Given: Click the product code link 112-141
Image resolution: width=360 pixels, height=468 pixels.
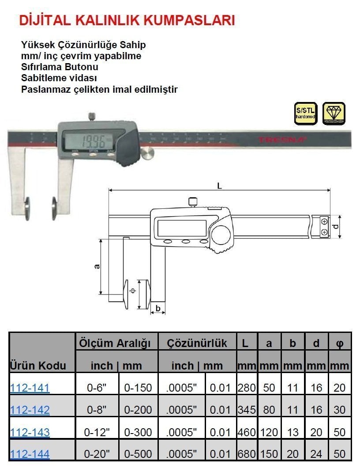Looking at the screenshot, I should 30,388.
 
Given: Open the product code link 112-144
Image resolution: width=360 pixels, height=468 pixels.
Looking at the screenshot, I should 30,453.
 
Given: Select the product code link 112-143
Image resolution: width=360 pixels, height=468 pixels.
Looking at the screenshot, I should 30,432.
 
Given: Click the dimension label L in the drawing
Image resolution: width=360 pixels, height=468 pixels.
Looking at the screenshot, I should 219,186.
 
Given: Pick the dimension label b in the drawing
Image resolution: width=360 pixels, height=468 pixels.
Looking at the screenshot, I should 158,308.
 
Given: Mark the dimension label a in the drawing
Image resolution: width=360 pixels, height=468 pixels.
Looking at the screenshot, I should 97,266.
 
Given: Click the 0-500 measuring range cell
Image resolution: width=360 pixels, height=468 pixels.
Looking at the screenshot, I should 138,453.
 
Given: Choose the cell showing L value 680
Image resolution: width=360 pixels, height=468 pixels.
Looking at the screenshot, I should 247,453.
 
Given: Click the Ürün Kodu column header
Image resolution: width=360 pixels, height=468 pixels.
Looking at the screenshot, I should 38,366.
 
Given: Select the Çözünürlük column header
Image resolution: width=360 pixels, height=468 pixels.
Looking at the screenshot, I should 197,343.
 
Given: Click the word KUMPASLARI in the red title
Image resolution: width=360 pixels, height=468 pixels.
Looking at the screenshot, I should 191,20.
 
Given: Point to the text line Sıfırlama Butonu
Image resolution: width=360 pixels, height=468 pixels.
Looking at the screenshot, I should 60,67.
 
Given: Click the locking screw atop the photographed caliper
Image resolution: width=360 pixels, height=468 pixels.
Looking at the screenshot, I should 92,117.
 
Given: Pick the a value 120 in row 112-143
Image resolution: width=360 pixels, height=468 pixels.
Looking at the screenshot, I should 269,432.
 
